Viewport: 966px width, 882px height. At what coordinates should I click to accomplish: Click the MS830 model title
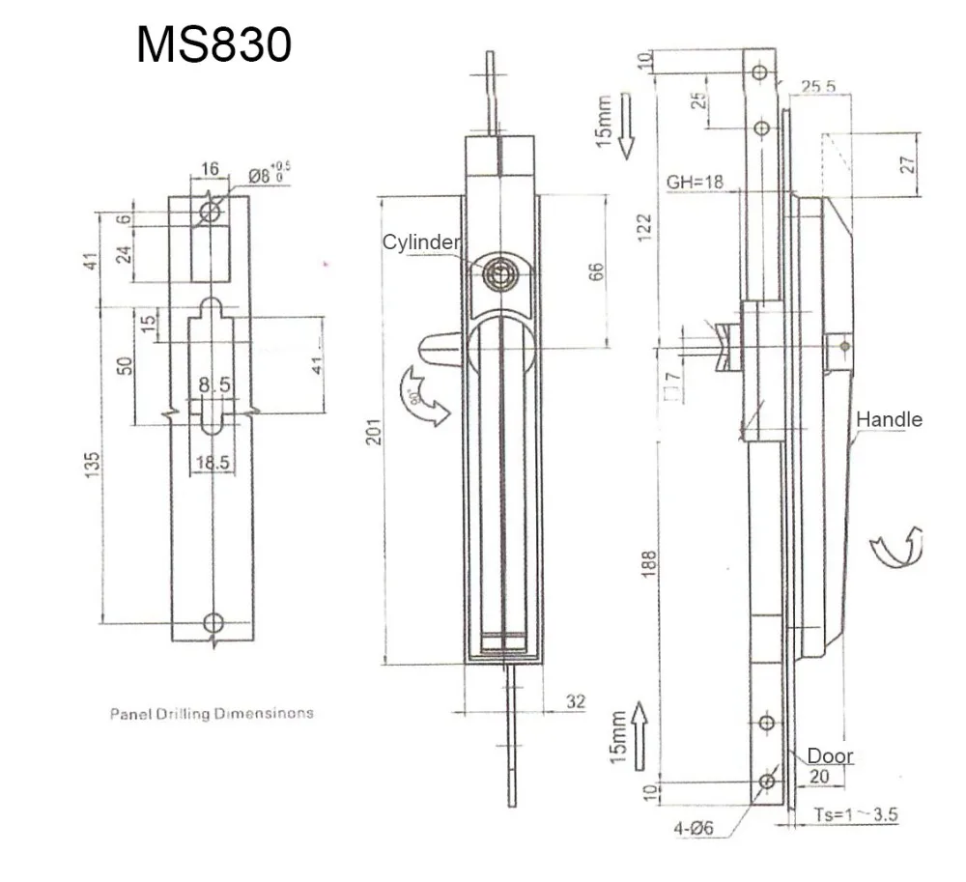pyautogui.click(x=213, y=45)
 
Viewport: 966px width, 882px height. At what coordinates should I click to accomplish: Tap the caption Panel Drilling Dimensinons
pyautogui.click(x=212, y=714)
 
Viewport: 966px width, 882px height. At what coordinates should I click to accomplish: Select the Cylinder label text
pyautogui.click(x=421, y=242)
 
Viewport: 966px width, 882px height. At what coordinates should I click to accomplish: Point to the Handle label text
pyautogui.click(x=889, y=419)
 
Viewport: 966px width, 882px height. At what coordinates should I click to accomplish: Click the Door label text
pyautogui.click(x=830, y=755)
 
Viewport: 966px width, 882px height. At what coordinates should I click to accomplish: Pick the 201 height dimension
pyautogui.click(x=374, y=431)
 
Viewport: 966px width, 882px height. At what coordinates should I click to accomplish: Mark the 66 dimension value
pyautogui.click(x=596, y=272)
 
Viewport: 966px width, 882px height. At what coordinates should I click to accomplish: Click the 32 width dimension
pyautogui.click(x=575, y=702)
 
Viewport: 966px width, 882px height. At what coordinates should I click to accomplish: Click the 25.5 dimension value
pyautogui.click(x=817, y=87)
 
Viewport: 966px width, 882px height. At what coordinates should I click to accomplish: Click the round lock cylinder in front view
pyautogui.click(x=499, y=274)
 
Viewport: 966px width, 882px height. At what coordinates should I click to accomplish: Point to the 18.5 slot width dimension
pyautogui.click(x=212, y=463)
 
